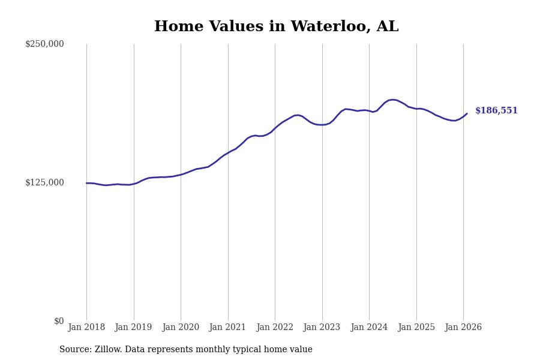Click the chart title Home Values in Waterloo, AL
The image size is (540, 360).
[x=276, y=27]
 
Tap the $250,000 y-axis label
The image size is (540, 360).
[x=44, y=44]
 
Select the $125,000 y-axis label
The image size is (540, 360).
[x=44, y=182]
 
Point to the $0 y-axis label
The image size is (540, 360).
[x=59, y=321]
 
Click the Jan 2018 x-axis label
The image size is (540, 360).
[x=86, y=328]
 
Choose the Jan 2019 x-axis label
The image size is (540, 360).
[x=133, y=328]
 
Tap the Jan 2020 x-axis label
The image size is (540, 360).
[x=181, y=328]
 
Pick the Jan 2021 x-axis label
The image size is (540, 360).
[x=227, y=328]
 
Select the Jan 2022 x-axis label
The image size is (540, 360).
[x=275, y=328]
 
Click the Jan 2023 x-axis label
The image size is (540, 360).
[x=322, y=328]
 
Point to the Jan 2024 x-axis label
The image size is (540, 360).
[x=369, y=328]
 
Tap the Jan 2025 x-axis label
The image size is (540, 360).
[x=416, y=328]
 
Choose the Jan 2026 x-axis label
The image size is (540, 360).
[x=463, y=328]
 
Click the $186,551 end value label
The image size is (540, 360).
[x=496, y=111]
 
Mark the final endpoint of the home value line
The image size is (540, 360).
[x=467, y=113]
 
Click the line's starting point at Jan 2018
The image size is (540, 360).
[x=86, y=183]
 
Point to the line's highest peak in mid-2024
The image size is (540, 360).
[x=392, y=100]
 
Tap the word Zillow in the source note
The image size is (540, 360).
[x=108, y=350]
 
